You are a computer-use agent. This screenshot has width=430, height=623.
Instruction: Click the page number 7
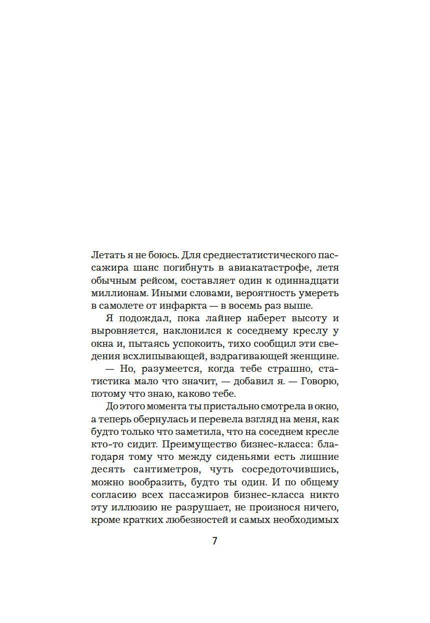pos(214,541)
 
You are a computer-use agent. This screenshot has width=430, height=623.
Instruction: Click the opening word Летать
pos(107,254)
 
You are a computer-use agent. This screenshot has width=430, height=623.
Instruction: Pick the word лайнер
pos(214,319)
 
